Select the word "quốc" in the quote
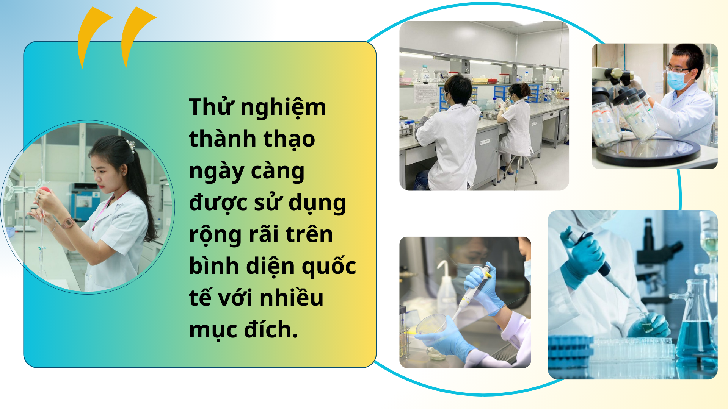coord(329,266)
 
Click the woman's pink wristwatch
coord(68,223)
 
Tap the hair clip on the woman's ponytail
coord(131,145)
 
